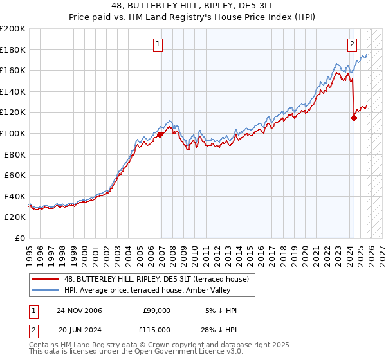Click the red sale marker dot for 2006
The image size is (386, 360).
(x=160, y=134)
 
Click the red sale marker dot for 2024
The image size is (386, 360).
(x=354, y=118)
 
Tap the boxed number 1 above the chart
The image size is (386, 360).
(x=158, y=44)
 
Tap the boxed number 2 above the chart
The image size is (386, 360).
(x=353, y=44)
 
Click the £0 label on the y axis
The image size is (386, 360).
(x=19, y=238)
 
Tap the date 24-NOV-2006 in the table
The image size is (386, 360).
(x=79, y=310)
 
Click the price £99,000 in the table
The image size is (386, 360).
(x=156, y=310)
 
